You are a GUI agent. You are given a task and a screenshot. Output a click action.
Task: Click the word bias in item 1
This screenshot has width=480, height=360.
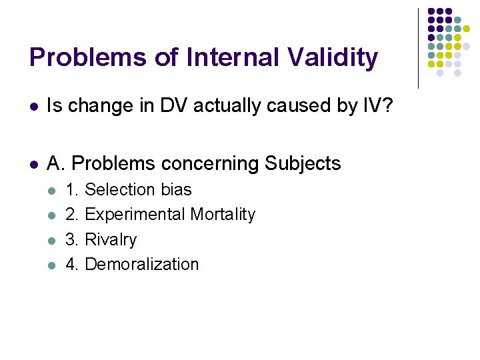pyautogui.click(x=176, y=190)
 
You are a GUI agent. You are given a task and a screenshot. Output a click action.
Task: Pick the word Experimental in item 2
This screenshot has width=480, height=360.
pyautogui.click(x=135, y=215)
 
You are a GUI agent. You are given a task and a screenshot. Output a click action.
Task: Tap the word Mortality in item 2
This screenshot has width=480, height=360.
pyautogui.click(x=223, y=215)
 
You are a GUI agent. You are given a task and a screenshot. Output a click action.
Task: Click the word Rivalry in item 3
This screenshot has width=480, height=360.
pyautogui.click(x=111, y=240)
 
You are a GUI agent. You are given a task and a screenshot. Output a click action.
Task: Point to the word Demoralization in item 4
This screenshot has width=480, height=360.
pyautogui.click(x=142, y=265)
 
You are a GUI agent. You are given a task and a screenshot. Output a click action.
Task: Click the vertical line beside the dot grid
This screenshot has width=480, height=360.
pyautogui.click(x=418, y=48)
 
